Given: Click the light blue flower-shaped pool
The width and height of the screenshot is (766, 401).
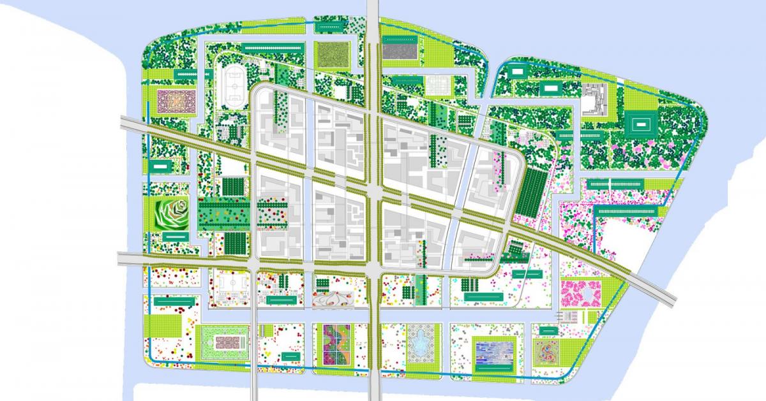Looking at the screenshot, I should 421,345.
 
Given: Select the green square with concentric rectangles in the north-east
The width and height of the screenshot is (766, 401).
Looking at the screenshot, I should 639,124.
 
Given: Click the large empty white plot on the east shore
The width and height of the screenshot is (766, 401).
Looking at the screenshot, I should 629,239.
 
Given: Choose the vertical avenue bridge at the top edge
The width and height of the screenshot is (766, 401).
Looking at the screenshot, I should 373,16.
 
